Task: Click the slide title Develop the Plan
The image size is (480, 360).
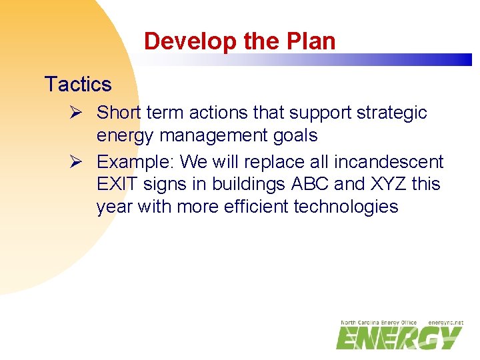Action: click(x=239, y=41)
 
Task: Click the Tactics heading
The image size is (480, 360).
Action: click(x=77, y=85)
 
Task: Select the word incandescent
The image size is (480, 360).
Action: click(x=389, y=162)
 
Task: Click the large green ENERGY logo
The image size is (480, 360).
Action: click(x=399, y=337)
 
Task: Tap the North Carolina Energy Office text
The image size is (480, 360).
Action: click(x=379, y=323)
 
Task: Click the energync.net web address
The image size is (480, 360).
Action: click(x=445, y=323)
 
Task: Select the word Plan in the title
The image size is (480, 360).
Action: click(x=313, y=41)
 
